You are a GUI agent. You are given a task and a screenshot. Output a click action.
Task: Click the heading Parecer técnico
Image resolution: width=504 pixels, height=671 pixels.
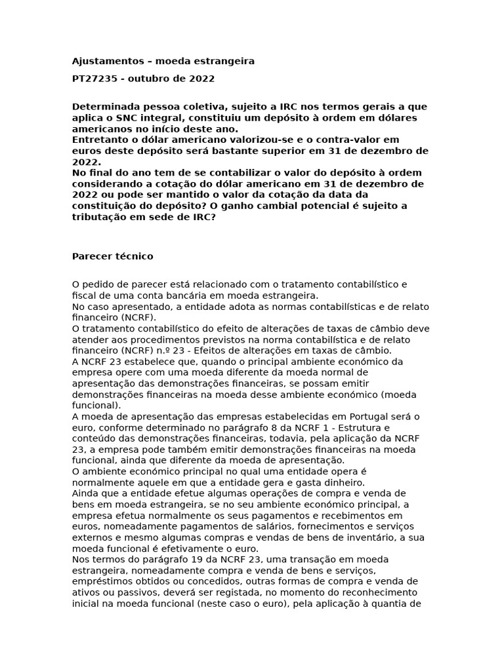coord(112,256)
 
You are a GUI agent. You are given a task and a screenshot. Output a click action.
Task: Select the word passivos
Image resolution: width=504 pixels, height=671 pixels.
coord(129,592)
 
